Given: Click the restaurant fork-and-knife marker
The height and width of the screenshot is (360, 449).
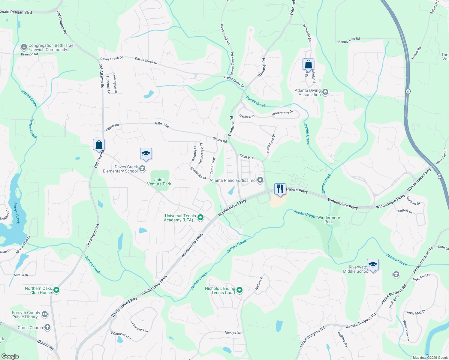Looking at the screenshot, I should coord(280,189).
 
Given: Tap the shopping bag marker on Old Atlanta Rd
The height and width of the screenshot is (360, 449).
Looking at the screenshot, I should coord(99,145).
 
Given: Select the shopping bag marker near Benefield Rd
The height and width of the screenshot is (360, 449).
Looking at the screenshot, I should coord(308,64).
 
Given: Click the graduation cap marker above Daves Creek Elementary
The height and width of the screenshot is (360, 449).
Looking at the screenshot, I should coord(146,154).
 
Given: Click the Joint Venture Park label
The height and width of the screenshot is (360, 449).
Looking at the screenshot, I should coord(159,182).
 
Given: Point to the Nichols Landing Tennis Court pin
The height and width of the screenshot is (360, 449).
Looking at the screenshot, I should coord(240,290).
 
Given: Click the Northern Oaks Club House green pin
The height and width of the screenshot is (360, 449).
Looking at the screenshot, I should coord(56,290).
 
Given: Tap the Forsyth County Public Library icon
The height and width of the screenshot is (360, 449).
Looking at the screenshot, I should coord(45,314).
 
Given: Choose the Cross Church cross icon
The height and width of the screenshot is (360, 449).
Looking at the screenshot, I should coord(47,327).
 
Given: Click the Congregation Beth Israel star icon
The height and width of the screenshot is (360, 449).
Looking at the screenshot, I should coord(24,47).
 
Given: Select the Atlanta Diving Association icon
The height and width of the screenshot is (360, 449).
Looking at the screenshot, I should coord(325,92).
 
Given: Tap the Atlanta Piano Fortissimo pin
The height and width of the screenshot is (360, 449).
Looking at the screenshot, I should coord(260,180).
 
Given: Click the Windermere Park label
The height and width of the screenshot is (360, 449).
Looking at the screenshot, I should coord(329,220).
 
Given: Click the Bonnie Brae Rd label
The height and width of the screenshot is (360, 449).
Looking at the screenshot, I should coord(349,40).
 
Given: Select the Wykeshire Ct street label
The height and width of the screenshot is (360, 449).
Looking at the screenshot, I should coord(198,173).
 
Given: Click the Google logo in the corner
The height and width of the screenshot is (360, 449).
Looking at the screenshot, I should coord(10,356).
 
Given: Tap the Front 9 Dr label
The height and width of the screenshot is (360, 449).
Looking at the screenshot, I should coord(247,157).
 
